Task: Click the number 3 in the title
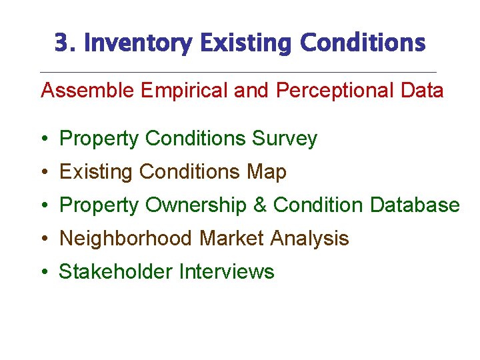point(62,43)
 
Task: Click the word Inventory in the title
point(137,43)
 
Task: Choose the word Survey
point(285,139)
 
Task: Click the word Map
point(266,172)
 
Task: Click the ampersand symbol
point(260,205)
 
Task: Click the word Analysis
point(309,239)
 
